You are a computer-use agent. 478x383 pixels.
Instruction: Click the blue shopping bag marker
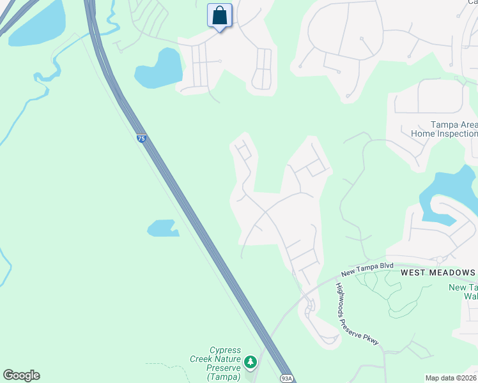coord(219,16)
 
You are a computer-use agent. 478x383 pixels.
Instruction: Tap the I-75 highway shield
coord(141,138)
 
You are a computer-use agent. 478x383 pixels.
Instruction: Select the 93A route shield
coord(286,379)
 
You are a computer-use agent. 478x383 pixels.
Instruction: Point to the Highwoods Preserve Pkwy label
coord(357,314)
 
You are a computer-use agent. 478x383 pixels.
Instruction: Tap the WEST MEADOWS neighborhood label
coord(438,273)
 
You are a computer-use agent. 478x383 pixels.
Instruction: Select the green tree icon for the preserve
coord(251,363)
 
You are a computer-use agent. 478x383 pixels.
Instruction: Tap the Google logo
coord(21,375)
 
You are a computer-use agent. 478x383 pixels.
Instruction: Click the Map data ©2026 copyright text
coord(451,378)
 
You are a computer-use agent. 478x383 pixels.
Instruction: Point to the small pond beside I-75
coord(162,228)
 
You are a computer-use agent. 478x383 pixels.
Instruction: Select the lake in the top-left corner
coord(37,24)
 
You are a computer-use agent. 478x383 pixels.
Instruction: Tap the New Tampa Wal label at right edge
coord(463,292)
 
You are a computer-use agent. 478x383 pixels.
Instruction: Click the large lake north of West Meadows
coord(447,188)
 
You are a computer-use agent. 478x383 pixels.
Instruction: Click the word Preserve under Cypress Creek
coord(224,368)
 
